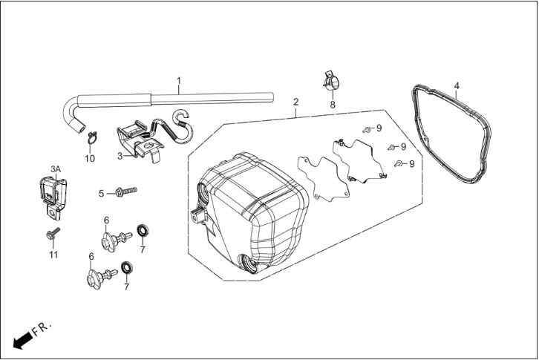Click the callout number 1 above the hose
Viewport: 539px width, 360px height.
point(179,81)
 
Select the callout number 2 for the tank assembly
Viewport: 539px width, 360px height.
point(295,102)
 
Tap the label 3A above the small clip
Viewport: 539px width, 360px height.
point(56,169)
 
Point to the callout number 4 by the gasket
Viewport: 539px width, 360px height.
point(457,85)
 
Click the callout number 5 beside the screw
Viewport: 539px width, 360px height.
point(101,194)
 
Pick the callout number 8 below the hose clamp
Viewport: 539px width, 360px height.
point(333,105)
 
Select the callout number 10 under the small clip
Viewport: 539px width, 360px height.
point(90,159)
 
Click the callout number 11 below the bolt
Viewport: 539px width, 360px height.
point(53,255)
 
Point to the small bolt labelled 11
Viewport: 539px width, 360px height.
point(53,233)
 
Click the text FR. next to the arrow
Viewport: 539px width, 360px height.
point(42,329)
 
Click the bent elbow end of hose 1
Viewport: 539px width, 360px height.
point(73,116)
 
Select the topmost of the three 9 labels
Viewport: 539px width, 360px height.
point(379,128)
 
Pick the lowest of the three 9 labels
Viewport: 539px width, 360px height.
point(412,163)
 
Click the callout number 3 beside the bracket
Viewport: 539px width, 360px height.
point(120,157)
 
